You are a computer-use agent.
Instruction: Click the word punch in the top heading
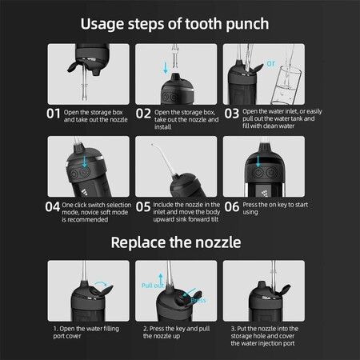247,25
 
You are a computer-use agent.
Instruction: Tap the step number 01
54,114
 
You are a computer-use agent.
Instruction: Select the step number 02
143,114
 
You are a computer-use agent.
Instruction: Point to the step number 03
231,114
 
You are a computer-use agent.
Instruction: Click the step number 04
53,207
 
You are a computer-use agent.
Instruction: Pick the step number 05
143,207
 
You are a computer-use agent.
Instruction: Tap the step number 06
231,207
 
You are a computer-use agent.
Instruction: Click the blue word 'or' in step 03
270,64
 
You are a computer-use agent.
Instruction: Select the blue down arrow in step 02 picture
166,68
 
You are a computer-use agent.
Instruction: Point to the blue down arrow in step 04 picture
85,162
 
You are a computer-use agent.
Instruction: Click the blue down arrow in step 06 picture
258,162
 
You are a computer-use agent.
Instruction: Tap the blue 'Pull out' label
152,286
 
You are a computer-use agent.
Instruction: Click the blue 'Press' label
198,301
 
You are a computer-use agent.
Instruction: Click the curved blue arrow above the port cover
102,282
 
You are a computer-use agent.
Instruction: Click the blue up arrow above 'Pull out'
161,278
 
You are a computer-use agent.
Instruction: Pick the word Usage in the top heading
102,25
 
